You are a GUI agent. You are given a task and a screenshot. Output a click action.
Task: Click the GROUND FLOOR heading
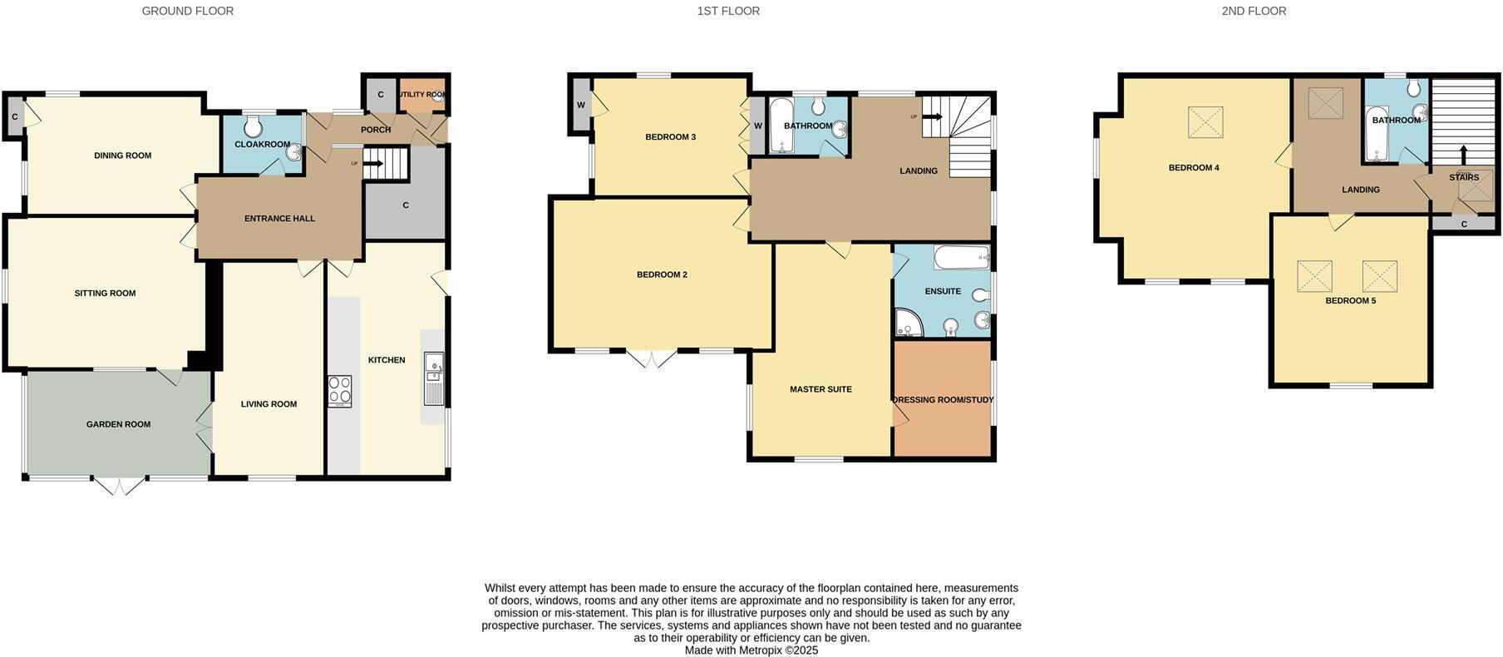coord(188,11)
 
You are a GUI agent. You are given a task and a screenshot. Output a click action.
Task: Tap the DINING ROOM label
coord(122,156)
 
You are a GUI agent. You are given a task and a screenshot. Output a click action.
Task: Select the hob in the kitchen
coord(339,391)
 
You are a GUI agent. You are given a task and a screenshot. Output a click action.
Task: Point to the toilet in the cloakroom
coord(254,126)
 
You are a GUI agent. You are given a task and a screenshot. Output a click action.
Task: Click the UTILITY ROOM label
coord(422,95)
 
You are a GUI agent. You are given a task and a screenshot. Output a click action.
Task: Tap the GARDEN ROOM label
coord(118,424)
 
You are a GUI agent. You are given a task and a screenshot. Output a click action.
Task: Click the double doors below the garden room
coord(118,486)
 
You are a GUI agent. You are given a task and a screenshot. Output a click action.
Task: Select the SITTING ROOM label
coord(105,293)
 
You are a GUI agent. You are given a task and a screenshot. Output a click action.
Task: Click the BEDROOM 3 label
coord(670,137)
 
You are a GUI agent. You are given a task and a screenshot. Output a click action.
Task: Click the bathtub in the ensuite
coord(962,257)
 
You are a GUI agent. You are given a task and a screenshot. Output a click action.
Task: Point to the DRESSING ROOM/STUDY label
coord(943,400)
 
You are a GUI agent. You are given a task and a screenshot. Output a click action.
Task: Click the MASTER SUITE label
coord(820,389)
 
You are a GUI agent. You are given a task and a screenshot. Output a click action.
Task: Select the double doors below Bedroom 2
coord(652,358)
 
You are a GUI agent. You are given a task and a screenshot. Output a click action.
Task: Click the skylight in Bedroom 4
coord(1205,121)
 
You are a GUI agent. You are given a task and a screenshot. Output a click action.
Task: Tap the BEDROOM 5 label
coord(1350,300)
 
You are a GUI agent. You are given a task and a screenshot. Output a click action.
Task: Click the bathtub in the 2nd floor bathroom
coord(1377,132)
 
